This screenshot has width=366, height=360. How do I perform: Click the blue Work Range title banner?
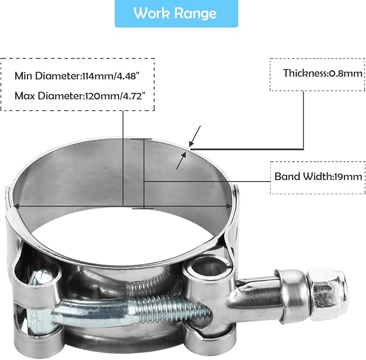pos(176,13)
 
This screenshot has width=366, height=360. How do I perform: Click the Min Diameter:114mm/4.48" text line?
pos(77,76)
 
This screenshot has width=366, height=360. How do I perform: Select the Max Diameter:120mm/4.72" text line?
pos(80,95)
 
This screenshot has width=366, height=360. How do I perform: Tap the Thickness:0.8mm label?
pos(322,73)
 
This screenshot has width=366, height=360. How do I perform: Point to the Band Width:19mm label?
pos(318,176)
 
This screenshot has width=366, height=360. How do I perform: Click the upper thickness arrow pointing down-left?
pos(195,136)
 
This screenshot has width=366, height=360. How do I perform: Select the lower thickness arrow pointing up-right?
pos(182,160)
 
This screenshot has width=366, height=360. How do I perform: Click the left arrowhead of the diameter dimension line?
pos(16,206)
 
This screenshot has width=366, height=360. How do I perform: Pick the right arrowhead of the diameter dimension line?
pos(229,206)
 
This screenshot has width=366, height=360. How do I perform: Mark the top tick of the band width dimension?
pos(141,139)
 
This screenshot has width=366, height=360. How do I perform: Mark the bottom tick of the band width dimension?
pos(143,208)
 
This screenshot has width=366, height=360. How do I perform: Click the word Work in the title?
pos(152,13)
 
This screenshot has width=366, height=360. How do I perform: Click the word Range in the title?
pos(196,14)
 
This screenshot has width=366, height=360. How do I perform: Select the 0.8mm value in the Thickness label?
pos(346,74)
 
